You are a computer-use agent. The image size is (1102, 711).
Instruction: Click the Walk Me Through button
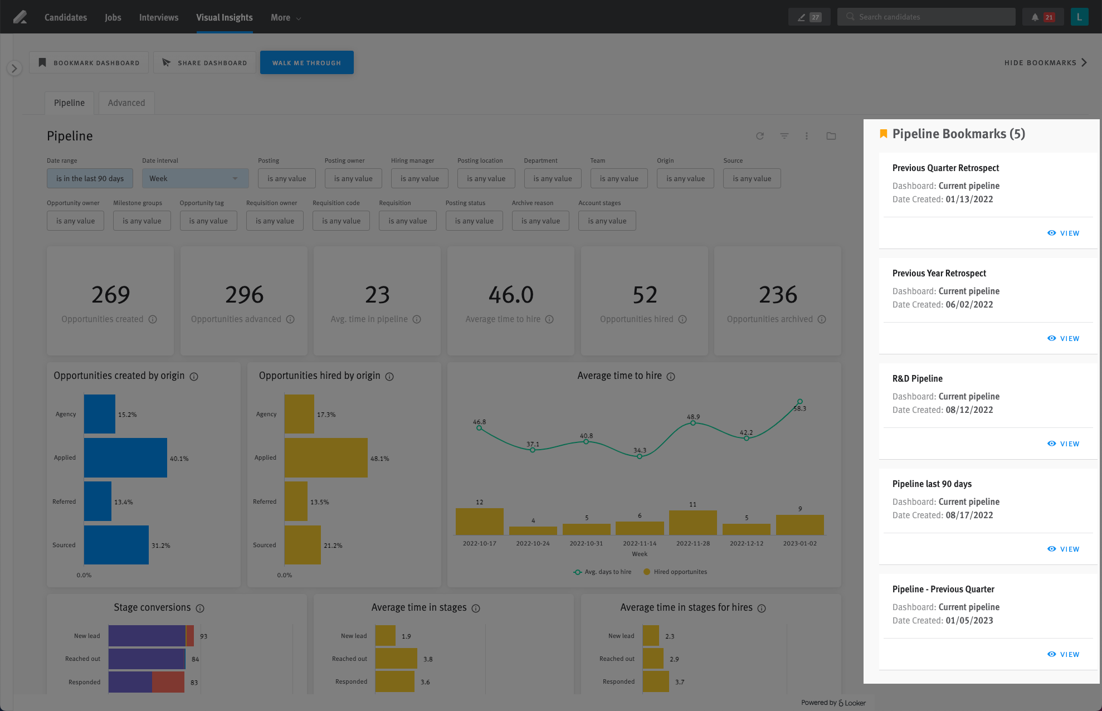coord(306,62)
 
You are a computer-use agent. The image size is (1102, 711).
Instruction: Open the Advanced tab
coord(126,103)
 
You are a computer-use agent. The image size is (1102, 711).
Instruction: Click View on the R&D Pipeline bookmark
coord(1064,444)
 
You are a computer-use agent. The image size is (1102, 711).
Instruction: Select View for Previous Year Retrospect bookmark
coord(1064,338)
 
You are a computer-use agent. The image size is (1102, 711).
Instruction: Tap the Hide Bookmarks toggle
coord(1045,62)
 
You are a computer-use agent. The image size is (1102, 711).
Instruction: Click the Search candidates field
coord(926,17)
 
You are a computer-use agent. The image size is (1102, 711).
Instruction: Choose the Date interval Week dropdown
coord(194,178)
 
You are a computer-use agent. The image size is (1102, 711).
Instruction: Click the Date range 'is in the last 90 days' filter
coord(90,178)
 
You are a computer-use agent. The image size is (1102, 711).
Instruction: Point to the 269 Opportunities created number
coord(110,295)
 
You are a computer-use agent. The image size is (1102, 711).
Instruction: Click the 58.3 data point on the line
coord(799,401)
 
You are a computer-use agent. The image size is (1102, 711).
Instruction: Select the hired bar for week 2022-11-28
coord(693,523)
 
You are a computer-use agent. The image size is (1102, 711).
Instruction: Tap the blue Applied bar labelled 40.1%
coord(125,457)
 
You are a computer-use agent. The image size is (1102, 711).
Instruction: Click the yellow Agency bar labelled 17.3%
coord(299,414)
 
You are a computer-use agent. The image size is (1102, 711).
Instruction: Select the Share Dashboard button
coord(204,62)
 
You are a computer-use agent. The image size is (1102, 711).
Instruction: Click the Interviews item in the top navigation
coord(159,17)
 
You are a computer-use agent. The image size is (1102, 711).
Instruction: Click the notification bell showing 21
coord(1042,17)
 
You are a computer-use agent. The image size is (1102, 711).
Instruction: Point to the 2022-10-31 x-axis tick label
coord(586,543)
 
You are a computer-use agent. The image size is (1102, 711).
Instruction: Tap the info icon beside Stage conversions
coord(200,608)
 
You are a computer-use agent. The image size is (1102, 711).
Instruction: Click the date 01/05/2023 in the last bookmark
coord(969,620)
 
